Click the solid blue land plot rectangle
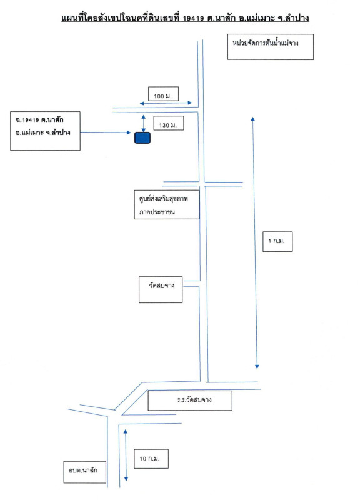coord(142,137)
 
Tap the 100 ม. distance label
coord(163,96)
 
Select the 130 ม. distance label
coord(168,125)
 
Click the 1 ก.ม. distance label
coord(277,241)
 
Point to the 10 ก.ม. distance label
coord(150,459)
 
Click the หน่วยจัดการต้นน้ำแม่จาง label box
coord(271,47)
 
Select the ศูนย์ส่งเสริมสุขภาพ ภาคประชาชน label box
coord(167,204)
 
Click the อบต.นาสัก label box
coord(85,472)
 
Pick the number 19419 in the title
coord(193,18)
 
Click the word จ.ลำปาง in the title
coord(293,18)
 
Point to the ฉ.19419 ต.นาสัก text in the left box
coord(39,120)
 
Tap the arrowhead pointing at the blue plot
coord(129,132)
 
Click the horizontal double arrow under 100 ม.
coord(166,103)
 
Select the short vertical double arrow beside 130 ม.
coord(144,123)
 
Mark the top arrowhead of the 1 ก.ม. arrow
coord(253,119)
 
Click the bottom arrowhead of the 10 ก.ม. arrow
coord(126,479)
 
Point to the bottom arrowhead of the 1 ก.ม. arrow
coord(257,367)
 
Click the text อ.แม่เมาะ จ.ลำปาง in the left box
coord(42,132)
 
